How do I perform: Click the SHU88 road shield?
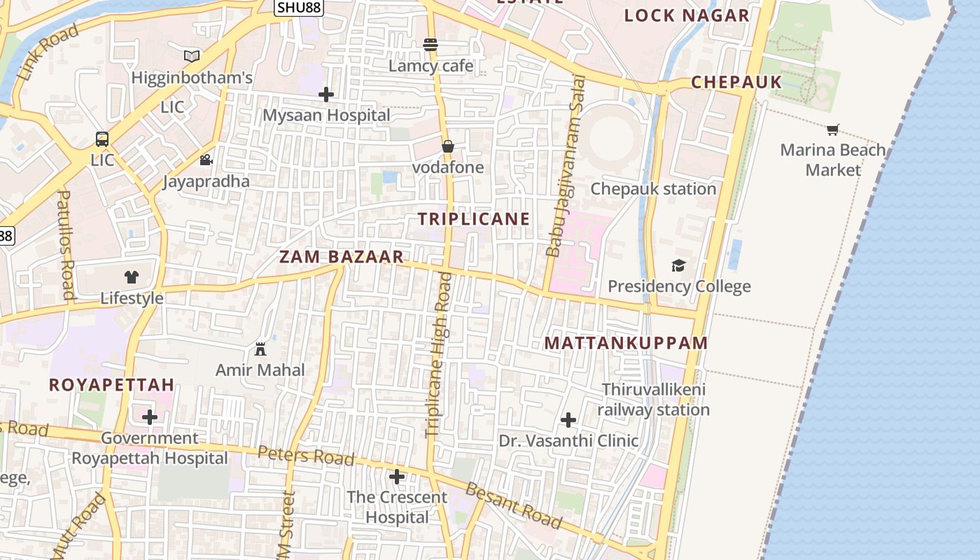point(298,8)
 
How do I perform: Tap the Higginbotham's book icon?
point(192,55)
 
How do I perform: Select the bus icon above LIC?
point(102,139)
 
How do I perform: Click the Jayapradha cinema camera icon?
point(206,160)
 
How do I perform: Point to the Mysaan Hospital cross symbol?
point(326,94)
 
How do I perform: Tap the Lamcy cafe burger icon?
point(430,45)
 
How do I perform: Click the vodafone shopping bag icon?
point(448,146)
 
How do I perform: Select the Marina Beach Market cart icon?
point(832,129)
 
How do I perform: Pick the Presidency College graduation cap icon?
point(678,265)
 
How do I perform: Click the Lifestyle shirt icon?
point(132,276)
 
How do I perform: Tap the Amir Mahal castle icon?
point(260,349)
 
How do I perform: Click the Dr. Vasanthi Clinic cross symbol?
point(568,420)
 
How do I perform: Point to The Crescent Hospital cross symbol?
point(397,477)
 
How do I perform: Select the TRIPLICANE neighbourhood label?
point(474,219)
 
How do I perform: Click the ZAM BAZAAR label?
point(342,257)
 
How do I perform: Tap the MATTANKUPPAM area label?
point(626,343)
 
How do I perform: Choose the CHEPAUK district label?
point(736,82)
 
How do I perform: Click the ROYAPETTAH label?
point(111,384)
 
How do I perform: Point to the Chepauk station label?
point(653,188)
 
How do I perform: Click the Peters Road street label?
point(306,456)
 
